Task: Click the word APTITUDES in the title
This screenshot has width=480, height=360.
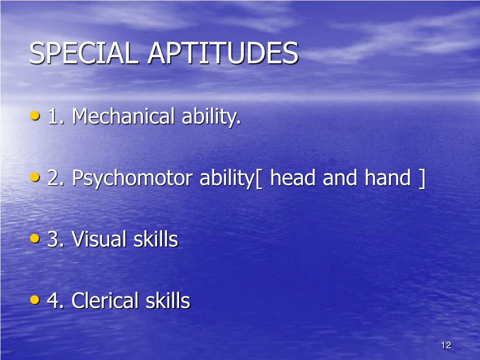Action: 223,53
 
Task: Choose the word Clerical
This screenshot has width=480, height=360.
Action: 105,300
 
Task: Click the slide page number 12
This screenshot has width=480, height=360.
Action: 446,345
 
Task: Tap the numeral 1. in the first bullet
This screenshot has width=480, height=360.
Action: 56,117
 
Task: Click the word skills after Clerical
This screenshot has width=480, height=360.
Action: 167,300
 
